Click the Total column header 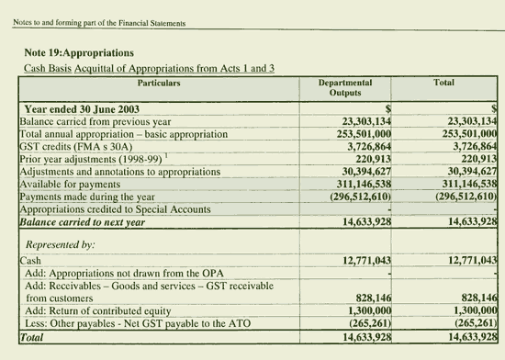443,83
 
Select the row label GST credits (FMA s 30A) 73,146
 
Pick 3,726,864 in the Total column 469,146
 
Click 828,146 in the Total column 473,298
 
